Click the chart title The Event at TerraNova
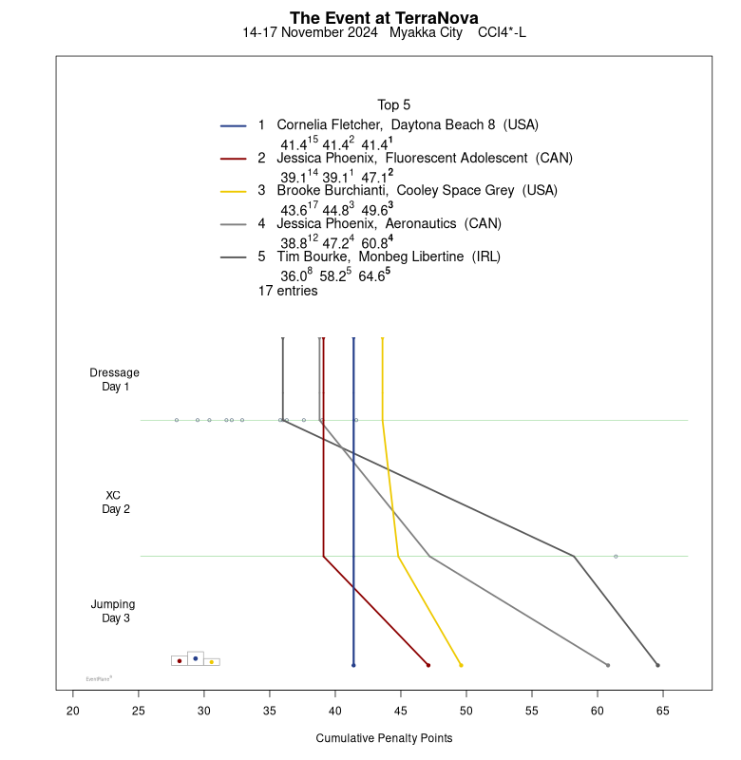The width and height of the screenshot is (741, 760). coord(384,18)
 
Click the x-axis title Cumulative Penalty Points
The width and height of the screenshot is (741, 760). coord(384,738)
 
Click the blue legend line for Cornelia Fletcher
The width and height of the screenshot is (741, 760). coord(234,125)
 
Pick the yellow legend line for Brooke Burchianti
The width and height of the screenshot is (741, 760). coord(234,191)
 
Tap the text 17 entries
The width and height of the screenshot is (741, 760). coord(288,292)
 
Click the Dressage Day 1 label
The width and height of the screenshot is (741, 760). coord(114,379)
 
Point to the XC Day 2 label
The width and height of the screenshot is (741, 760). coord(114,502)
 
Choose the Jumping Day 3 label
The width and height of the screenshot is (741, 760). coord(113,611)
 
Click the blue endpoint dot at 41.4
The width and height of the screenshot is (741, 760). coord(353,665)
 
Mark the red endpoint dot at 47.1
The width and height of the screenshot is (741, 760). coord(428,665)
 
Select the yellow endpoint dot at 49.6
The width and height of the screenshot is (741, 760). coord(461,665)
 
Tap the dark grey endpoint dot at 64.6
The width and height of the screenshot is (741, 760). coord(657,665)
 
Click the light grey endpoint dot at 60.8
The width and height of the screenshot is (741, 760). coord(608,665)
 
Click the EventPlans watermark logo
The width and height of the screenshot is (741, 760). coord(99,678)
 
